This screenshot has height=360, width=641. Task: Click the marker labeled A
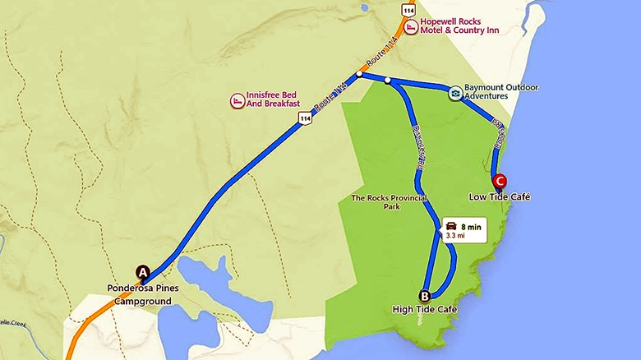[142, 272]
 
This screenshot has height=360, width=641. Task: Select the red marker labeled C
[498, 181]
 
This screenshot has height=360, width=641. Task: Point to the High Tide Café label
[424, 309]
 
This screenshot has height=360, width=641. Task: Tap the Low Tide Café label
[499, 197]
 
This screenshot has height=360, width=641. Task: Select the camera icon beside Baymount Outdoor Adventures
[454, 93]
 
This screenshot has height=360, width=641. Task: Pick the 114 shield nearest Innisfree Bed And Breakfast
[305, 119]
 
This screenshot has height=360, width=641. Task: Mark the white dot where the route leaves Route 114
[360, 74]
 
